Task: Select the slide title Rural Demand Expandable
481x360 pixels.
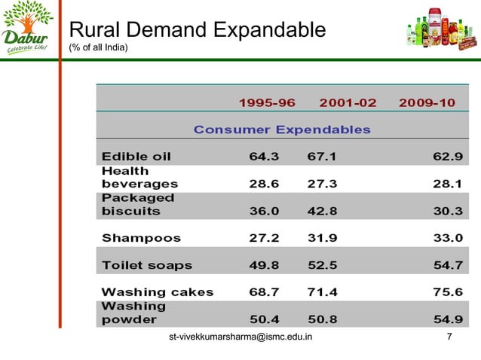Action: pyautogui.click(x=197, y=30)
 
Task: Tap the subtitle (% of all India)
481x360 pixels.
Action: pyautogui.click(x=99, y=49)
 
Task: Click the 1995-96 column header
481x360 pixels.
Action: pyautogui.click(x=267, y=102)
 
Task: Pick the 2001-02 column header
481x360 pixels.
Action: pyautogui.click(x=348, y=102)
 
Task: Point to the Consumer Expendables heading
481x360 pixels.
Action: pyautogui.click(x=282, y=130)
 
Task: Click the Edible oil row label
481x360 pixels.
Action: pyautogui.click(x=136, y=157)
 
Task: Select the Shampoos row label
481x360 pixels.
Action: pyautogui.click(x=141, y=238)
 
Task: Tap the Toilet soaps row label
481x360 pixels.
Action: pyautogui.click(x=147, y=265)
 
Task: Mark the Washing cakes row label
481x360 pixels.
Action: pyautogui.click(x=158, y=292)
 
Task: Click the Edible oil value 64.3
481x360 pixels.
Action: pyautogui.click(x=265, y=157)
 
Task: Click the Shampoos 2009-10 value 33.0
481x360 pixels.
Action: pyautogui.click(x=447, y=238)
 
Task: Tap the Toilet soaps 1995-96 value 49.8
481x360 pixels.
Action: pyautogui.click(x=265, y=265)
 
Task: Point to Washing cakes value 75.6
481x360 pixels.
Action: pyautogui.click(x=447, y=292)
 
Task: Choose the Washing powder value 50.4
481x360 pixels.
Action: pyautogui.click(x=265, y=319)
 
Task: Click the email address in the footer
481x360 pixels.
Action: pyautogui.click(x=241, y=337)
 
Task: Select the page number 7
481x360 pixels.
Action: pyautogui.click(x=450, y=337)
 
